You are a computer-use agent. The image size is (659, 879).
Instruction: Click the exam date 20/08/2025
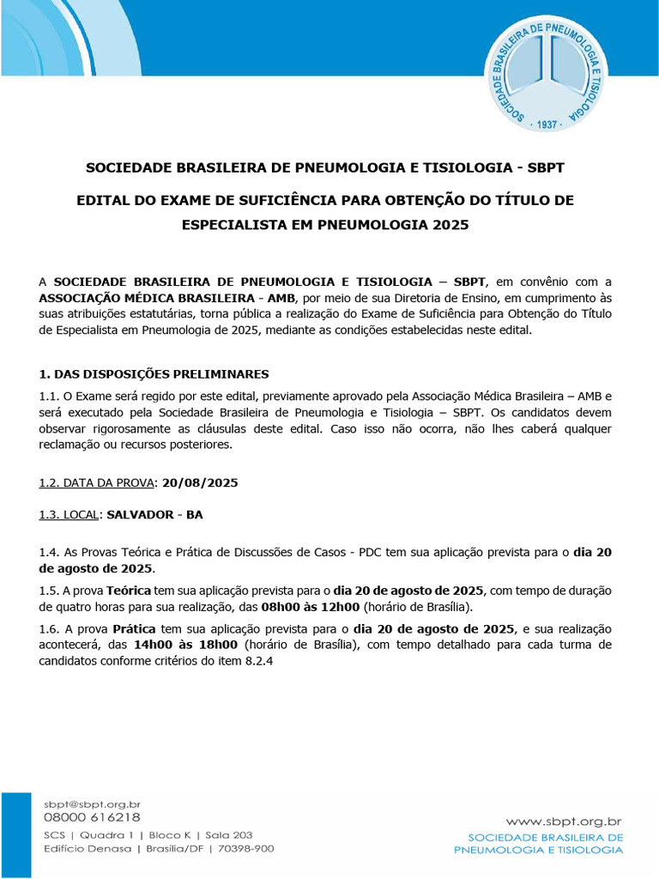tap(199, 482)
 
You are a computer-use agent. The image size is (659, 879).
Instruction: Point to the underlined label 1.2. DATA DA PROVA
tap(96, 482)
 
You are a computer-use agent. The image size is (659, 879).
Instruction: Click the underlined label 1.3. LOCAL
tap(70, 515)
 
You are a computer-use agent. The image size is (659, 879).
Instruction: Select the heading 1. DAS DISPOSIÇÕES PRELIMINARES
tap(154, 374)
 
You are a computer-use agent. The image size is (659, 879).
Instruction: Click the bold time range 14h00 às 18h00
tap(185, 643)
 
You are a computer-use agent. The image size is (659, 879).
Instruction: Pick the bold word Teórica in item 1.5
tap(130, 591)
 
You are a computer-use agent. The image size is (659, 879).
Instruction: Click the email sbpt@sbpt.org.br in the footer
tap(92, 803)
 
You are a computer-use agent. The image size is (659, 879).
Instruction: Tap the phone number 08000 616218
tap(92, 817)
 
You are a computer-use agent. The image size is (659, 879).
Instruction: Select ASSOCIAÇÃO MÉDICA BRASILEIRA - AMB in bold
tap(166, 298)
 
